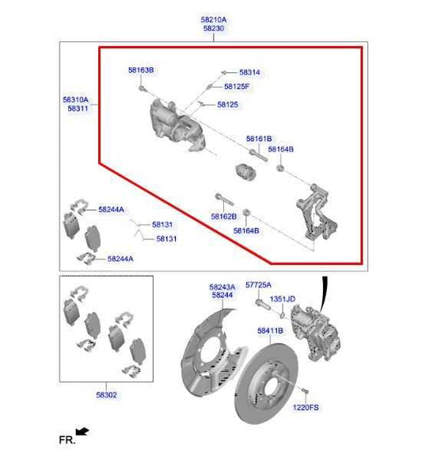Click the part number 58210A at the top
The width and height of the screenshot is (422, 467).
point(214,18)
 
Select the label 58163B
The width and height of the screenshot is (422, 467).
point(141,71)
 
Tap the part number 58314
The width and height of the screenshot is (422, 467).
point(249,72)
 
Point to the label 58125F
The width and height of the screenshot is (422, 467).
point(237,86)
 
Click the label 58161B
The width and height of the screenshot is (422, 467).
point(258,139)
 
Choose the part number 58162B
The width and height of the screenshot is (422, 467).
point(223,216)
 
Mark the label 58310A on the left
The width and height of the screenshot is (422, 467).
point(77,101)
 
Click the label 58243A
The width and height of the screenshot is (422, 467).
point(222,286)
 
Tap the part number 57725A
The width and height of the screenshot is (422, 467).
point(258,285)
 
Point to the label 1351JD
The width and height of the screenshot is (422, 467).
point(283,299)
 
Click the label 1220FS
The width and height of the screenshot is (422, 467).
point(305,408)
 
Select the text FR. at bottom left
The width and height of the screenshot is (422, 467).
point(67,439)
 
